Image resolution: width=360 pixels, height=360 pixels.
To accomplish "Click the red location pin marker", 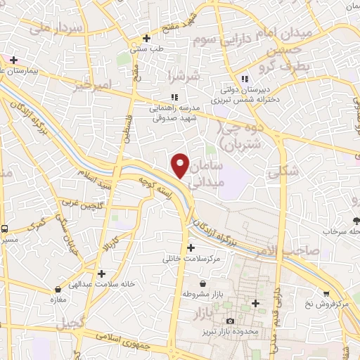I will coord(181,165).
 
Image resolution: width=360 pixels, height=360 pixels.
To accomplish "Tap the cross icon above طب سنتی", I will coord(146,38).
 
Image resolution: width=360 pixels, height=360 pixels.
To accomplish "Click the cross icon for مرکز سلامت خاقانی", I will coord(191,247).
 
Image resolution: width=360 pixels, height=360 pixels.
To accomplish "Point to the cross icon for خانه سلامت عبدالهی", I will coord(102,273).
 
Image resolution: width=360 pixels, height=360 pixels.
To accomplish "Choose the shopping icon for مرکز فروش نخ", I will coord(326,293).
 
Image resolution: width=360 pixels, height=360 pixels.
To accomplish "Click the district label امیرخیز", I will coord(92,85).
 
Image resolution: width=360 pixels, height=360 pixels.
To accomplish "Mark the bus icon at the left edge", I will coord(5,229).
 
